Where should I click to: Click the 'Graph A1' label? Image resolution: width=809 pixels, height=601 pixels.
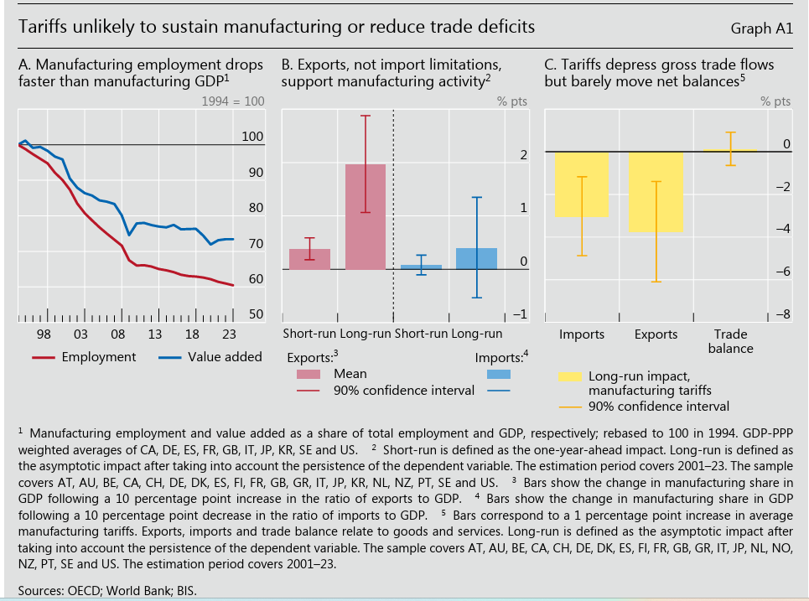(761, 28)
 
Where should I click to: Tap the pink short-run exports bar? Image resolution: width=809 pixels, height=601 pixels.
(309, 259)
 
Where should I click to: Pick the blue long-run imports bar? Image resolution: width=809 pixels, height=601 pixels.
(476, 258)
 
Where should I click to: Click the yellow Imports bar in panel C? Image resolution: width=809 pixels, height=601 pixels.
(582, 184)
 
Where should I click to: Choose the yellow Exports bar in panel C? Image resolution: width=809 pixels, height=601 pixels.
(656, 192)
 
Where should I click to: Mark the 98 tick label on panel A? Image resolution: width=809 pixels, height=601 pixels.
(44, 335)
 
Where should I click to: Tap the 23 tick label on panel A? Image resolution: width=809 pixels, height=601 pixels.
(228, 335)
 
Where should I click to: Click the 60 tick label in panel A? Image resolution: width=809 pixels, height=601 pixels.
(255, 279)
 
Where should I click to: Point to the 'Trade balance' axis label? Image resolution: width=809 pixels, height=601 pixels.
(730, 341)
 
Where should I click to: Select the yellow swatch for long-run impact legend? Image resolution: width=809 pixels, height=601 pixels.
(570, 376)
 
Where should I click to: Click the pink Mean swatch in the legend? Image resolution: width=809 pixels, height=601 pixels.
(308, 374)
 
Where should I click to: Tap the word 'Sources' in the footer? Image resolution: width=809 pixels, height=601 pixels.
(41, 591)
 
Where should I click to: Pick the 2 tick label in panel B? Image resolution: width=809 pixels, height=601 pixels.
(522, 155)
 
